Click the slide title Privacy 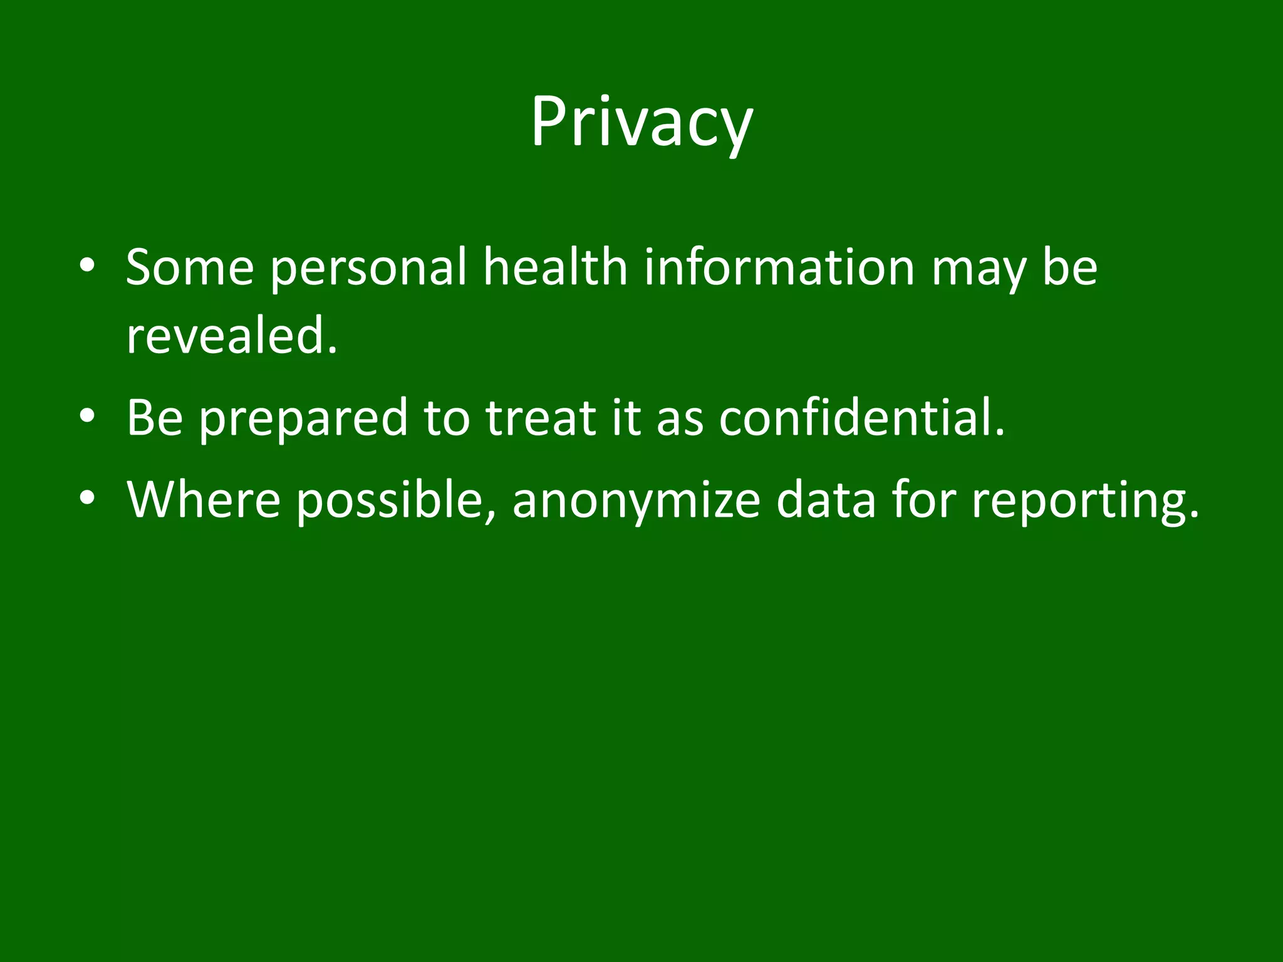click(641, 122)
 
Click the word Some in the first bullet click(190, 267)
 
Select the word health click(555, 267)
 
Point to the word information click(779, 267)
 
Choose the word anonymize click(636, 502)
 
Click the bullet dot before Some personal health click(87, 266)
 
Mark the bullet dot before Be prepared click(87, 416)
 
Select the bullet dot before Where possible click(87, 499)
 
